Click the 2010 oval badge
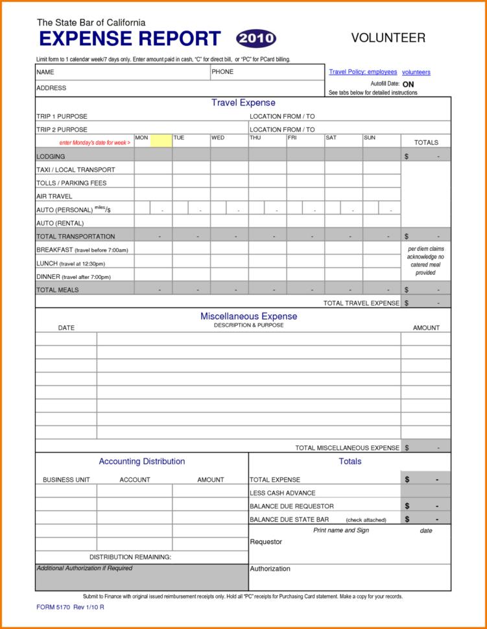point(256,38)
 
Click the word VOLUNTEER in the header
point(388,38)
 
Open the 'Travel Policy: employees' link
point(362,72)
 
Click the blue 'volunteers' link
point(416,73)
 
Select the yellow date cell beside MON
point(161,141)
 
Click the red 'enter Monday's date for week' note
point(95,143)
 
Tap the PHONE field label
point(222,72)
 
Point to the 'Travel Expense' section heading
point(243,103)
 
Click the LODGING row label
point(51,156)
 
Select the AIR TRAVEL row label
point(54,196)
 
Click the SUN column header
point(370,138)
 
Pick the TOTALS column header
point(426,143)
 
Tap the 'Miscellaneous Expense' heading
point(248,316)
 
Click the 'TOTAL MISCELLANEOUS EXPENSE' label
point(347,447)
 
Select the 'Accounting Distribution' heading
point(141,462)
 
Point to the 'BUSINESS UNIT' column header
point(66,480)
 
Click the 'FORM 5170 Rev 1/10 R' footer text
point(70,607)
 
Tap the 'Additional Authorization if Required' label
point(84,568)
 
